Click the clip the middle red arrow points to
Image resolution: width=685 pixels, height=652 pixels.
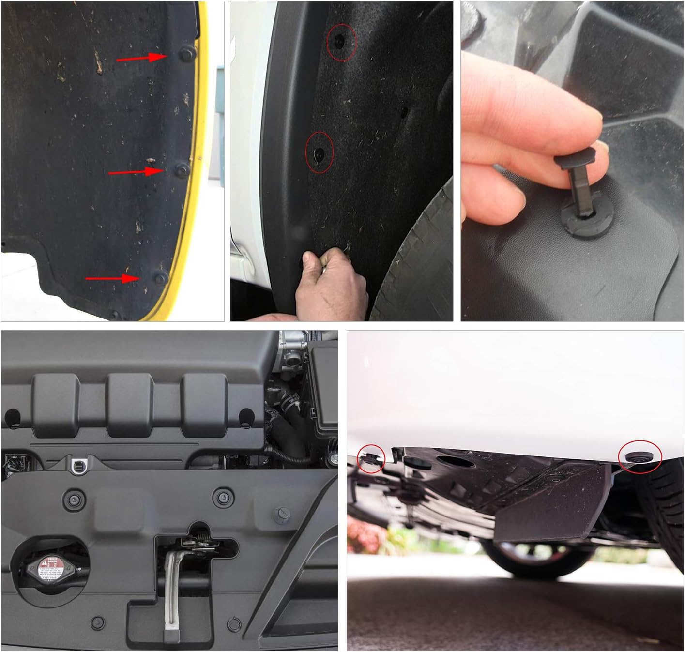[x=182, y=169]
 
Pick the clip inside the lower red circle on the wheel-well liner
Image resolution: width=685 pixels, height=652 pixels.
[x=319, y=153]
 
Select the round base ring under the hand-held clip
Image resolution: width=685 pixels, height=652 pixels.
[x=581, y=223]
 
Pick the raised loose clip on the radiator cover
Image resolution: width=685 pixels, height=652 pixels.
[x=282, y=514]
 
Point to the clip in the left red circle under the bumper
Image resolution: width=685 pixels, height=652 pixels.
[x=370, y=458]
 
